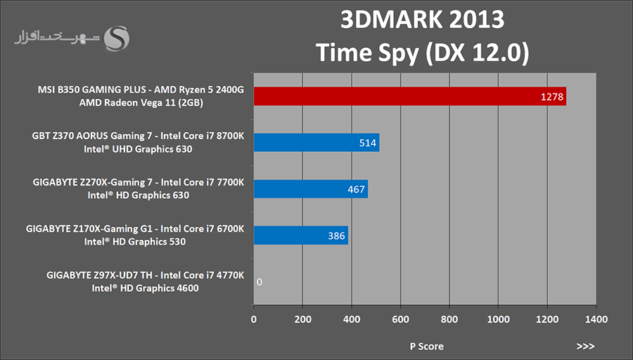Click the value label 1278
[552, 97]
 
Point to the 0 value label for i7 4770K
[260, 282]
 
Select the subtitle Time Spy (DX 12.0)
[422, 52]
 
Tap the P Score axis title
[427, 347]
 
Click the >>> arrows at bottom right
[585, 347]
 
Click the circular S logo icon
[117, 39]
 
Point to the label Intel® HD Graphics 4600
[143, 288]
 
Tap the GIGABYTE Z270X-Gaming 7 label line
[139, 183]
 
